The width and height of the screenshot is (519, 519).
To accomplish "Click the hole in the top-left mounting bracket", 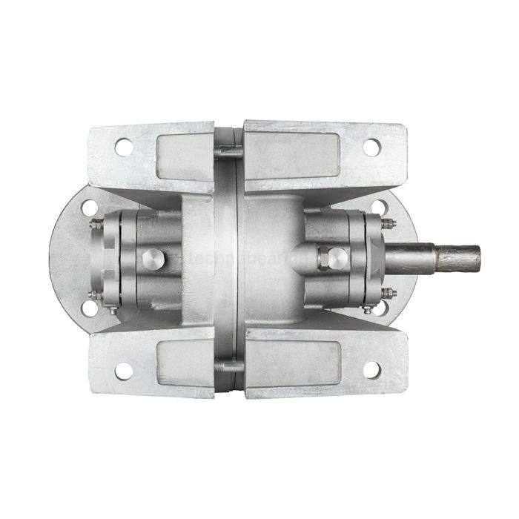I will coord(123,148).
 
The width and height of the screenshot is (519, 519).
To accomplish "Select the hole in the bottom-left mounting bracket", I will coord(123,369).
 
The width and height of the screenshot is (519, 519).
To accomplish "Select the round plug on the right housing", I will coord(337,259).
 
